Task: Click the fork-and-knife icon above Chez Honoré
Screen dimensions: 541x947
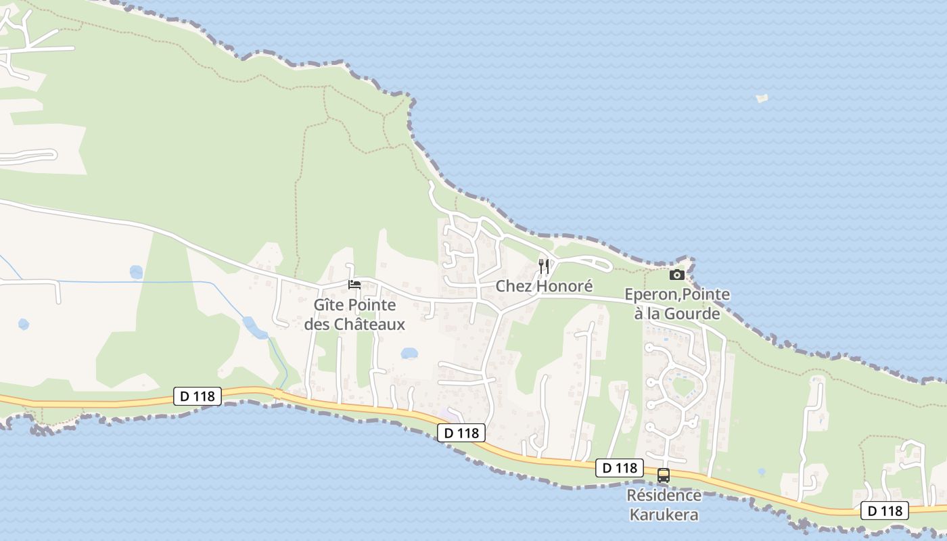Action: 544,266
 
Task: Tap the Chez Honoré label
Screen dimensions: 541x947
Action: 544,286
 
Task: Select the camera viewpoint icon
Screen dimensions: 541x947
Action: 676,275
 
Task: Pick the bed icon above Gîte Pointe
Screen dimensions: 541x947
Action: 354,285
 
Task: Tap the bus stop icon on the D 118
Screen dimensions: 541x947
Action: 664,475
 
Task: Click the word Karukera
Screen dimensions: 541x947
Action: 664,515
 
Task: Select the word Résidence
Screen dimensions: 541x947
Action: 664,495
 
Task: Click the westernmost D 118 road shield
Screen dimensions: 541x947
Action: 198,396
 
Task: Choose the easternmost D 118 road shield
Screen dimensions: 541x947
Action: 884,511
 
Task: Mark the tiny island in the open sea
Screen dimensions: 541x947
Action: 762,98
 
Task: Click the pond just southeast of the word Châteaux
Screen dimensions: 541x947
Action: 409,353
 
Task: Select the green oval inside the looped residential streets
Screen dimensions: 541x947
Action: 683,387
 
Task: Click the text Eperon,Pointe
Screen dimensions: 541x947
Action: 677,294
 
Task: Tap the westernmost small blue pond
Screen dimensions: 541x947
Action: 24,324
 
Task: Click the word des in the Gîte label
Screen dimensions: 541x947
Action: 317,325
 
